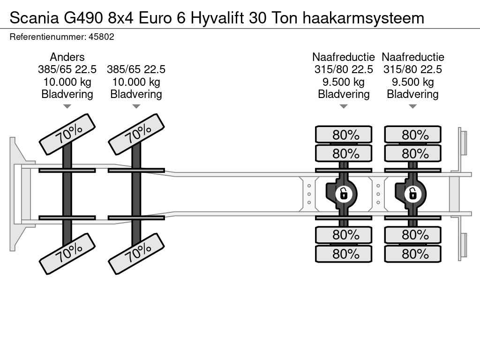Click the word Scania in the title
click(x=34, y=18)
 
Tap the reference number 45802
click(x=101, y=37)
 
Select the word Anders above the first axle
click(x=67, y=57)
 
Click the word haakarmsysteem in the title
click(x=363, y=18)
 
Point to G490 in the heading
click(x=83, y=18)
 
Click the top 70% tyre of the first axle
click(x=67, y=135)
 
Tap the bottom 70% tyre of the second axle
click(x=136, y=254)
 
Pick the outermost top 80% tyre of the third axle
click(x=344, y=135)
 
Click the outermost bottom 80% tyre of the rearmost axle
click(x=412, y=254)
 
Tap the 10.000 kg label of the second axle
click(x=136, y=82)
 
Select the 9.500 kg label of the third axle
click(x=344, y=82)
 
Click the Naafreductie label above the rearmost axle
click(x=413, y=57)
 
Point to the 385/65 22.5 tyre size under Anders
click(x=67, y=69)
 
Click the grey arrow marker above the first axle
click(x=67, y=106)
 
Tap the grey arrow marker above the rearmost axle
click(x=412, y=106)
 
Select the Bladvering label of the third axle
click(x=344, y=94)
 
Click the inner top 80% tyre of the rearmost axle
click(x=412, y=153)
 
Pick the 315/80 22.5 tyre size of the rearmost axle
click(x=412, y=69)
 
